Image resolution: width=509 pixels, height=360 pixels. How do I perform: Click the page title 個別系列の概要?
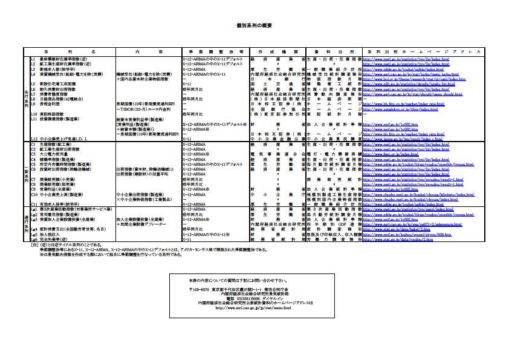(254, 27)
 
